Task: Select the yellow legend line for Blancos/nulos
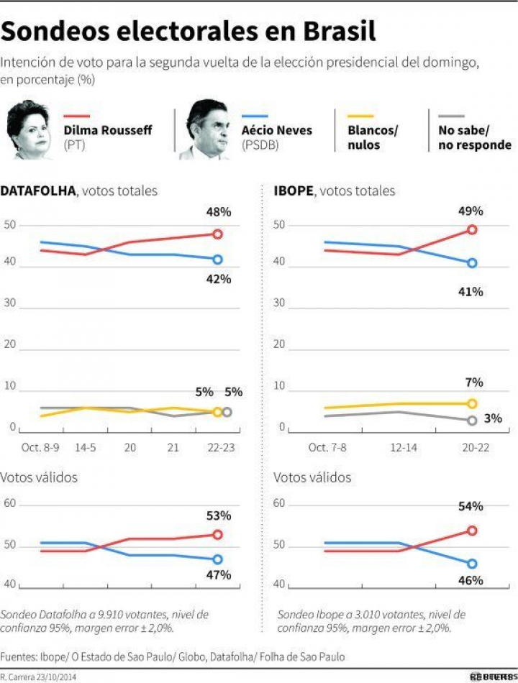pyautogui.click(x=360, y=116)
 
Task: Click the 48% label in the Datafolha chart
pyautogui.click(x=218, y=212)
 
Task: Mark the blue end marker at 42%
pyautogui.click(x=217, y=260)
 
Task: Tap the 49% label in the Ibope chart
pyautogui.click(x=472, y=211)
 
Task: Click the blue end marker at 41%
pyautogui.click(x=472, y=263)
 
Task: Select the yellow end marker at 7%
pyautogui.click(x=472, y=403)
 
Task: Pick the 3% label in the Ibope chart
pyautogui.click(x=493, y=418)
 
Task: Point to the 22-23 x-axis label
pyautogui.click(x=217, y=447)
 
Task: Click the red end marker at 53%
pyautogui.click(x=217, y=535)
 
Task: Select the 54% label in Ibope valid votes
pyautogui.click(x=472, y=507)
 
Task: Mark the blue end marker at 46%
pyautogui.click(x=472, y=564)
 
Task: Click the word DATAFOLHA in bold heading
pyautogui.click(x=40, y=191)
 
